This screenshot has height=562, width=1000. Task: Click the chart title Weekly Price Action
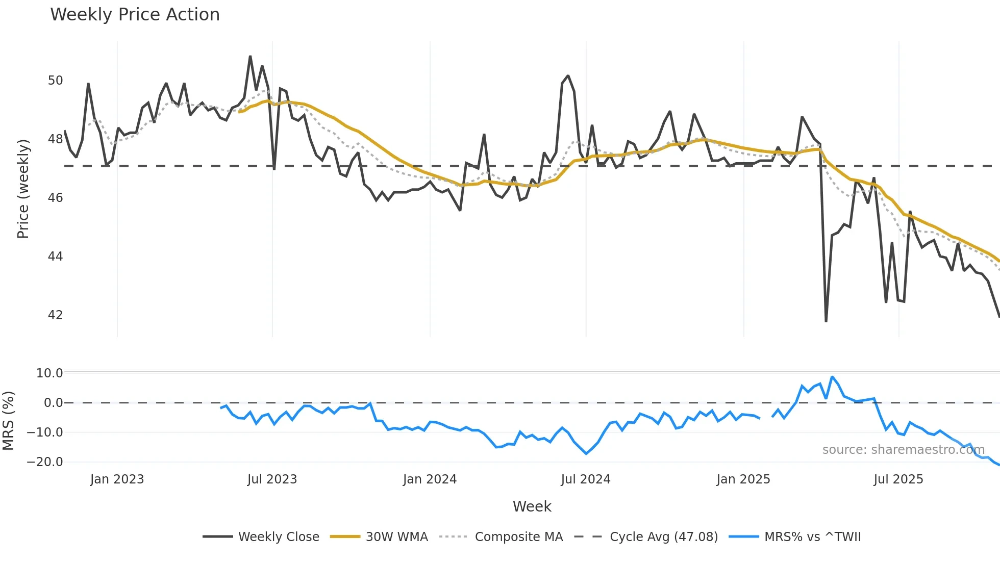click(x=135, y=15)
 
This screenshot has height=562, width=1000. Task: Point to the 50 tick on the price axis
click(x=55, y=81)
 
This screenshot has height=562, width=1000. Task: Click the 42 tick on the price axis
click(x=55, y=315)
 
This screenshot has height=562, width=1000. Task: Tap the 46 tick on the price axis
click(x=55, y=198)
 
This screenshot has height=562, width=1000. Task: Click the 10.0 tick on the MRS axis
click(x=49, y=373)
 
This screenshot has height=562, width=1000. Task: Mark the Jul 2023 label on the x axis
click(x=272, y=479)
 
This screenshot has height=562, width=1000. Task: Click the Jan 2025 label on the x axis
click(x=743, y=479)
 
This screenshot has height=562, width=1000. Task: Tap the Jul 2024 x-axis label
click(x=585, y=479)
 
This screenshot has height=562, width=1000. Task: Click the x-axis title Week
click(x=532, y=506)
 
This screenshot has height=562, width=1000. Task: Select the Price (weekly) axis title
click(x=23, y=189)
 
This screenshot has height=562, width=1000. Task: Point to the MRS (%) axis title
click(x=8, y=421)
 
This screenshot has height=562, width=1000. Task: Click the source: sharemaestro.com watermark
click(x=903, y=450)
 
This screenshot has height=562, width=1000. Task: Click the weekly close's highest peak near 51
click(x=250, y=56)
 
